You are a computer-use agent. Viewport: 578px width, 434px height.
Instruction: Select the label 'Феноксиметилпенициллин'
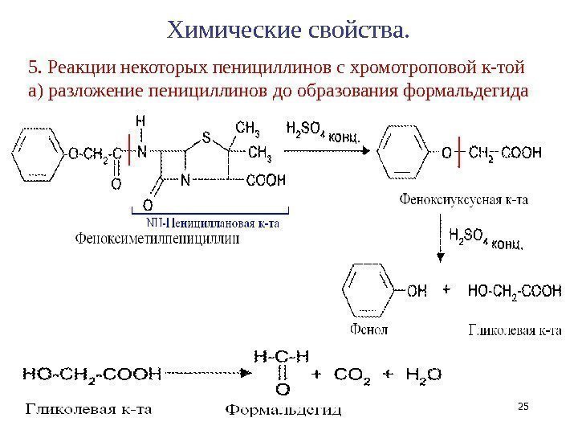click(x=157, y=237)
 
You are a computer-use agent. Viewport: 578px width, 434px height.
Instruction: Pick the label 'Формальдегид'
click(x=282, y=411)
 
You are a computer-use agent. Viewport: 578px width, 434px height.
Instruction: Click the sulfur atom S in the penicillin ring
click(x=206, y=137)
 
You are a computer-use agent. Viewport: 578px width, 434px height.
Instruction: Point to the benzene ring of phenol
click(x=370, y=289)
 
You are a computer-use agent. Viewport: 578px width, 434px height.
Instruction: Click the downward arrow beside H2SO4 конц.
click(x=439, y=240)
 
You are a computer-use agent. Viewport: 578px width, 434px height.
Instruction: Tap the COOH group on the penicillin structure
click(x=265, y=181)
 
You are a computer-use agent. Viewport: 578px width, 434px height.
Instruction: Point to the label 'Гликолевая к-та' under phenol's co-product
click(x=514, y=330)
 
